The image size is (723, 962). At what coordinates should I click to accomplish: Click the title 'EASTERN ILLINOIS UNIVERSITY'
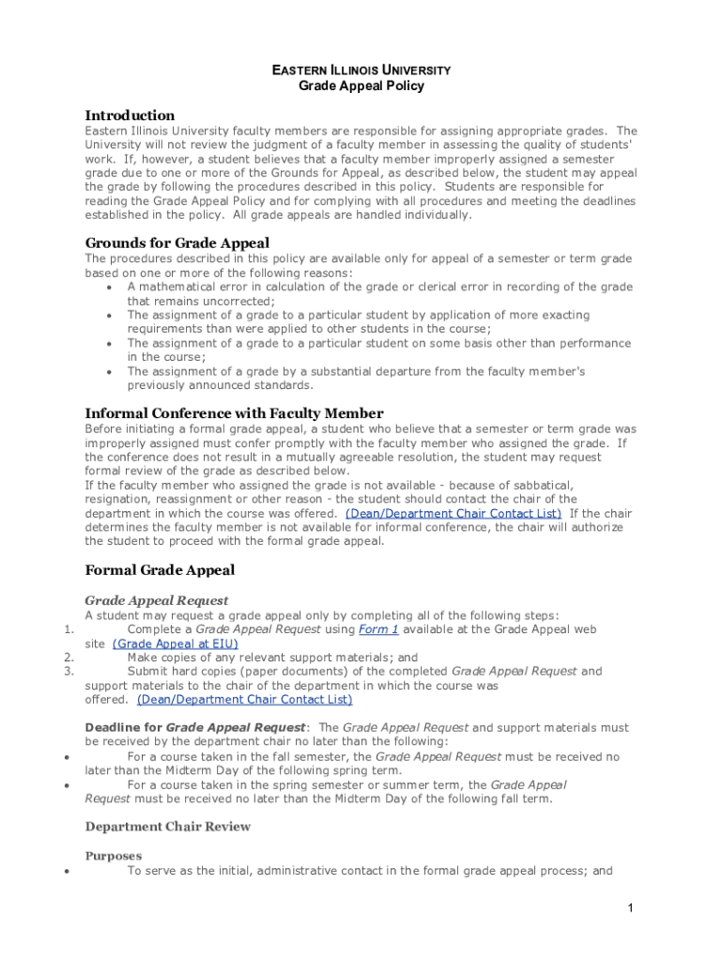click(361, 70)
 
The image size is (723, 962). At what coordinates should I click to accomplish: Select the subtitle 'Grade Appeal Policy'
click(361, 85)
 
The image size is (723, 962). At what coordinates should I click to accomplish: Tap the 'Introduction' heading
click(130, 115)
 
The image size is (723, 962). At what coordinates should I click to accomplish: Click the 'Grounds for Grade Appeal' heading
click(177, 242)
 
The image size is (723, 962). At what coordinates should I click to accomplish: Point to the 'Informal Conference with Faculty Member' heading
click(234, 412)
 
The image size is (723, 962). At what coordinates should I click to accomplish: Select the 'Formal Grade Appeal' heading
click(160, 569)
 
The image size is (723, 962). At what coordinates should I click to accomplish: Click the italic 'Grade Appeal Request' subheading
click(156, 599)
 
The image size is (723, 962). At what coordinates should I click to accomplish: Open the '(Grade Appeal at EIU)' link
click(175, 644)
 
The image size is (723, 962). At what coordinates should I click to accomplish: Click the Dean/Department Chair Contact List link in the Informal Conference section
click(454, 513)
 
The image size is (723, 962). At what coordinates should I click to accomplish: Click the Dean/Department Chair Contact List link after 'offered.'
click(244, 699)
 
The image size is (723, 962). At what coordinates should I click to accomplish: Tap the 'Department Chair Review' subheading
click(168, 827)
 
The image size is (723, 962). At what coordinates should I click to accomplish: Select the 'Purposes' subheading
click(113, 856)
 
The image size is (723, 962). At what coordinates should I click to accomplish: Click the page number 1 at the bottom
click(632, 908)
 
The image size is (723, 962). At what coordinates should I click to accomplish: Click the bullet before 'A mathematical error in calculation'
click(112, 287)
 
